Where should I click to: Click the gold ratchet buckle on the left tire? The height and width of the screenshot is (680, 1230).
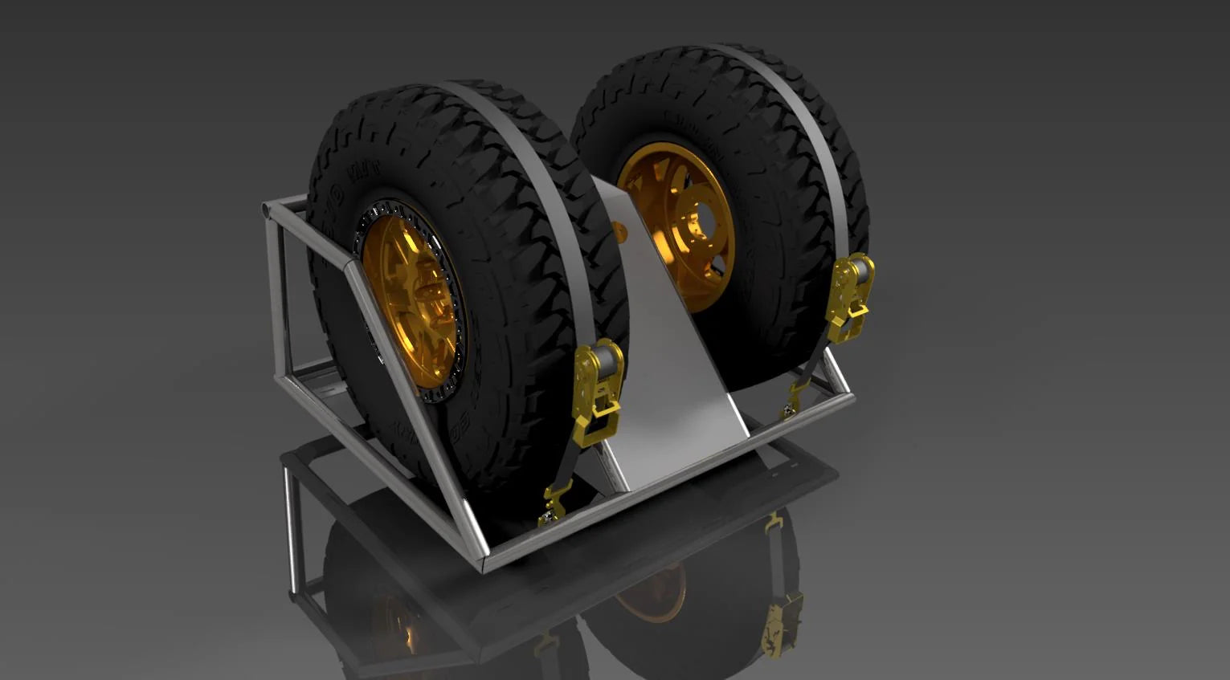598,389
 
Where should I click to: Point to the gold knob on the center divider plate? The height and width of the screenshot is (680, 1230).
620,230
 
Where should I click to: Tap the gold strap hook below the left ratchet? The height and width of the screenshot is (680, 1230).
555,503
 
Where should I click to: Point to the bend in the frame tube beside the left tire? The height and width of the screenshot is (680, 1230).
347,265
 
